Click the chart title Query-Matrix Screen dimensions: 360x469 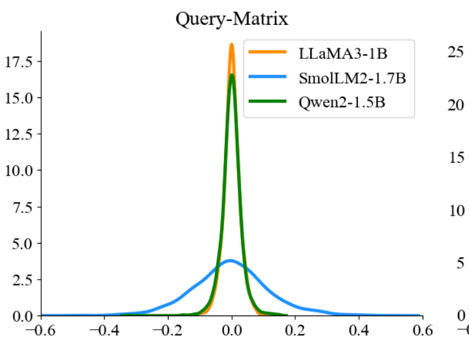[x=231, y=18]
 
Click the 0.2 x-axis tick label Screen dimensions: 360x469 [x=295, y=331]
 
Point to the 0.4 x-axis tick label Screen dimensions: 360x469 [x=359, y=331]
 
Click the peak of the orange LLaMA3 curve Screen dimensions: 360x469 [x=231, y=45]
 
